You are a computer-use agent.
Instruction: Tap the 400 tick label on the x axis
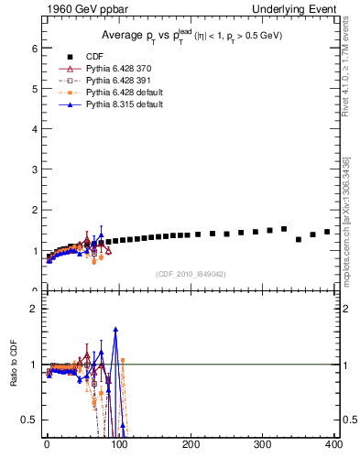(x=335, y=445)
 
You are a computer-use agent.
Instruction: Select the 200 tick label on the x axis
(x=191, y=445)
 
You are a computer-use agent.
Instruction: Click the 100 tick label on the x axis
(x=119, y=445)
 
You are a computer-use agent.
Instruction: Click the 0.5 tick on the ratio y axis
(x=28, y=420)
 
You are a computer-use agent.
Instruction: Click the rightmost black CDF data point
(x=327, y=232)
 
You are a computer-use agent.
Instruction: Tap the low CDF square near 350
(x=299, y=240)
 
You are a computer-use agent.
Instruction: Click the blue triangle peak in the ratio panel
(x=115, y=329)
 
